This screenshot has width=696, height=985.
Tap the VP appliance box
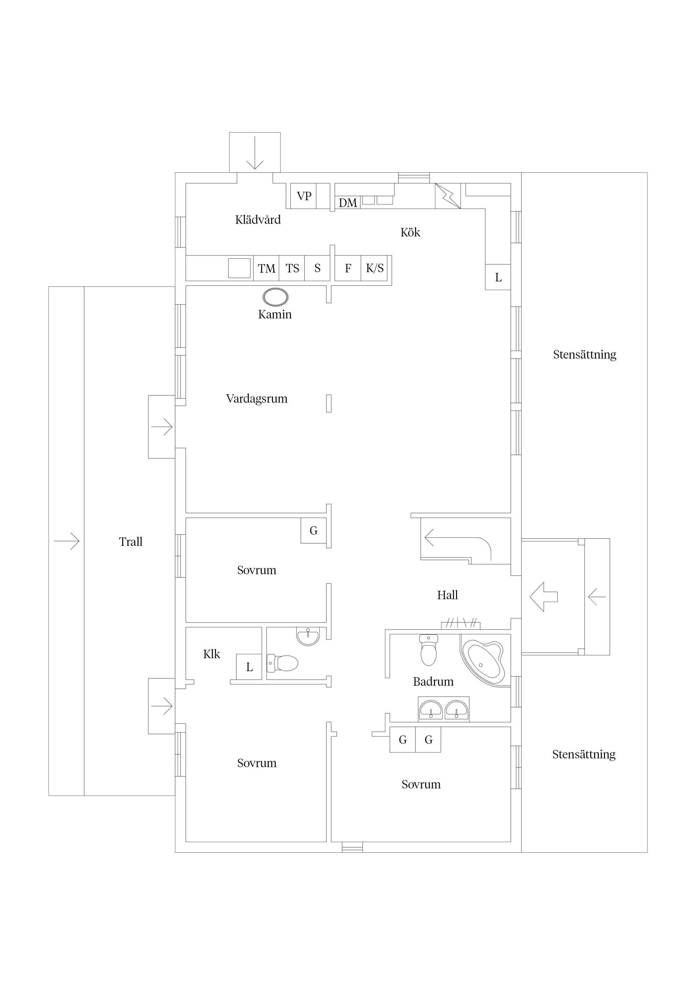(x=304, y=196)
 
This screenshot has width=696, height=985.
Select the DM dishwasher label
(x=348, y=203)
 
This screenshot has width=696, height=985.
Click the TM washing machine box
(x=266, y=269)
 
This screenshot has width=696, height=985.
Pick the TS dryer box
(x=292, y=269)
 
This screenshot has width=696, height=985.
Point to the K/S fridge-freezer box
(x=375, y=269)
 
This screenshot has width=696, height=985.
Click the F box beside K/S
(x=348, y=269)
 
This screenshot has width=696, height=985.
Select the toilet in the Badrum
(x=428, y=650)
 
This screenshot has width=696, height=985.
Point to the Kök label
(x=410, y=232)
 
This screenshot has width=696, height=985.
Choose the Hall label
(x=447, y=595)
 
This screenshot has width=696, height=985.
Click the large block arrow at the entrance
(x=543, y=597)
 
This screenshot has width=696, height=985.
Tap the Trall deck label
(x=130, y=542)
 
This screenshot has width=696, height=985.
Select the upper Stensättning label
(x=584, y=355)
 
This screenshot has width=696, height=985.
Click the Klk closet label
(x=211, y=654)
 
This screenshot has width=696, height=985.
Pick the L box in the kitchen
(x=498, y=277)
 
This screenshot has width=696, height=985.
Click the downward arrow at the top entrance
(x=255, y=152)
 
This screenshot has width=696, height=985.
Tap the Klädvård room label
(x=258, y=220)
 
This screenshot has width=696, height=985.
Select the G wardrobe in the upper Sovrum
(x=314, y=531)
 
